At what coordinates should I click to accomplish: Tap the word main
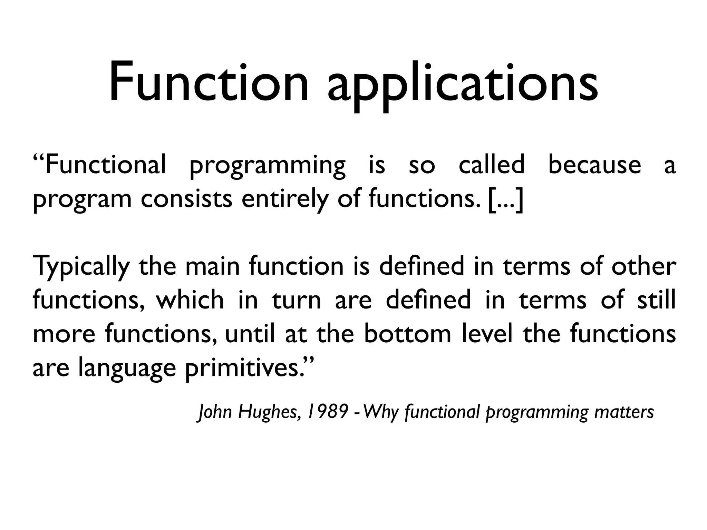pos(212,266)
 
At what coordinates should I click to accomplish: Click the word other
pos(643,266)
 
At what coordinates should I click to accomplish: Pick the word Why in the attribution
pos(381,412)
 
